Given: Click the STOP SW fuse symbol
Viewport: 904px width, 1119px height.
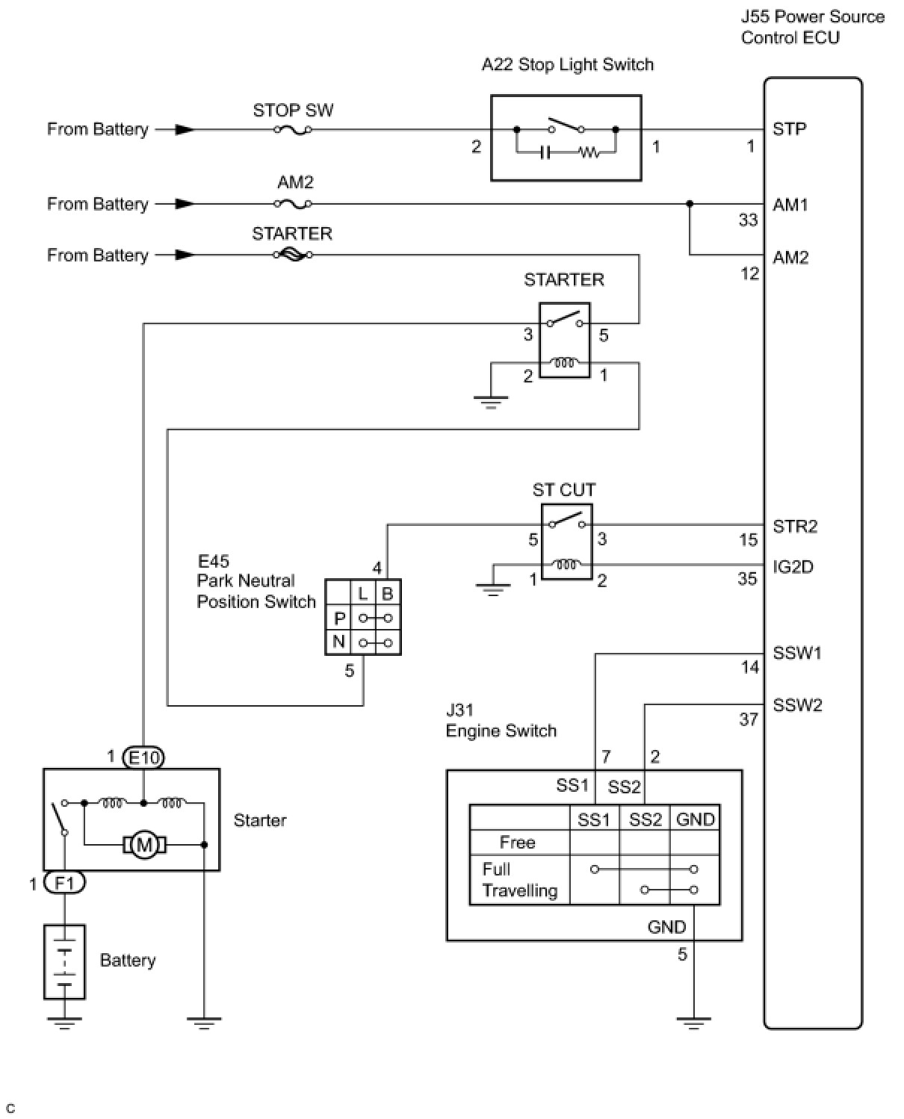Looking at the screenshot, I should pos(293,130).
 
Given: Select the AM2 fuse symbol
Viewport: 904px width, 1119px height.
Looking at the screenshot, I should pos(293,204).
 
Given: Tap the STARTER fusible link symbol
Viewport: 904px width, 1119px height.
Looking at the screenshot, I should pos(293,255).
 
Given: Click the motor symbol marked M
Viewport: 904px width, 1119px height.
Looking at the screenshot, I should pos(145,846).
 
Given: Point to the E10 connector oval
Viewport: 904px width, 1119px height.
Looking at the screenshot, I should pos(144,758).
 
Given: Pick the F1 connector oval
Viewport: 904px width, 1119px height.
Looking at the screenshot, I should pos(65,884).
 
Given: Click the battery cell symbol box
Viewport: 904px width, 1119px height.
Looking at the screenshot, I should pos(65,962).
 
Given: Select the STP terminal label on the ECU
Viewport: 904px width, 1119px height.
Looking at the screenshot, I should pos(789,129).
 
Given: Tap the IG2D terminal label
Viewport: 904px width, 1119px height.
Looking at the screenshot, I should pos(793,567).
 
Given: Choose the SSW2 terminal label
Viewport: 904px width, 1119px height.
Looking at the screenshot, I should pos(797,705).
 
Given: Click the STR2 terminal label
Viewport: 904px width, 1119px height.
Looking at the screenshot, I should pos(795,527).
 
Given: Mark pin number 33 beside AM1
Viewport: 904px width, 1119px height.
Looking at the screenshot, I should pos(748,220).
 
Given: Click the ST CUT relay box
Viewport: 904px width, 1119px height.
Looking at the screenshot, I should pos(566,542).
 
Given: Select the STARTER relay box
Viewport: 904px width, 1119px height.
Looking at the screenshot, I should pos(565,340).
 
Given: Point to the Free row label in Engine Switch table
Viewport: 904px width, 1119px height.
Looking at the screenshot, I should pos(517,843).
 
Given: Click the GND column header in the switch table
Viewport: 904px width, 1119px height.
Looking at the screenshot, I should pos(695,819).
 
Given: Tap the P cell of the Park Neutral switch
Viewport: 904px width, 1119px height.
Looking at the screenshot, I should pos(338,619).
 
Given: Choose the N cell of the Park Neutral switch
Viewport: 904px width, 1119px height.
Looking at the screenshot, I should pos(338,642).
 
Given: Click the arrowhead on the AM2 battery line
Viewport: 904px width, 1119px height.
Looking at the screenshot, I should pos(185,204).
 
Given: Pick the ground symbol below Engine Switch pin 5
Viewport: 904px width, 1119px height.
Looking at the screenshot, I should pos(693,1022).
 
